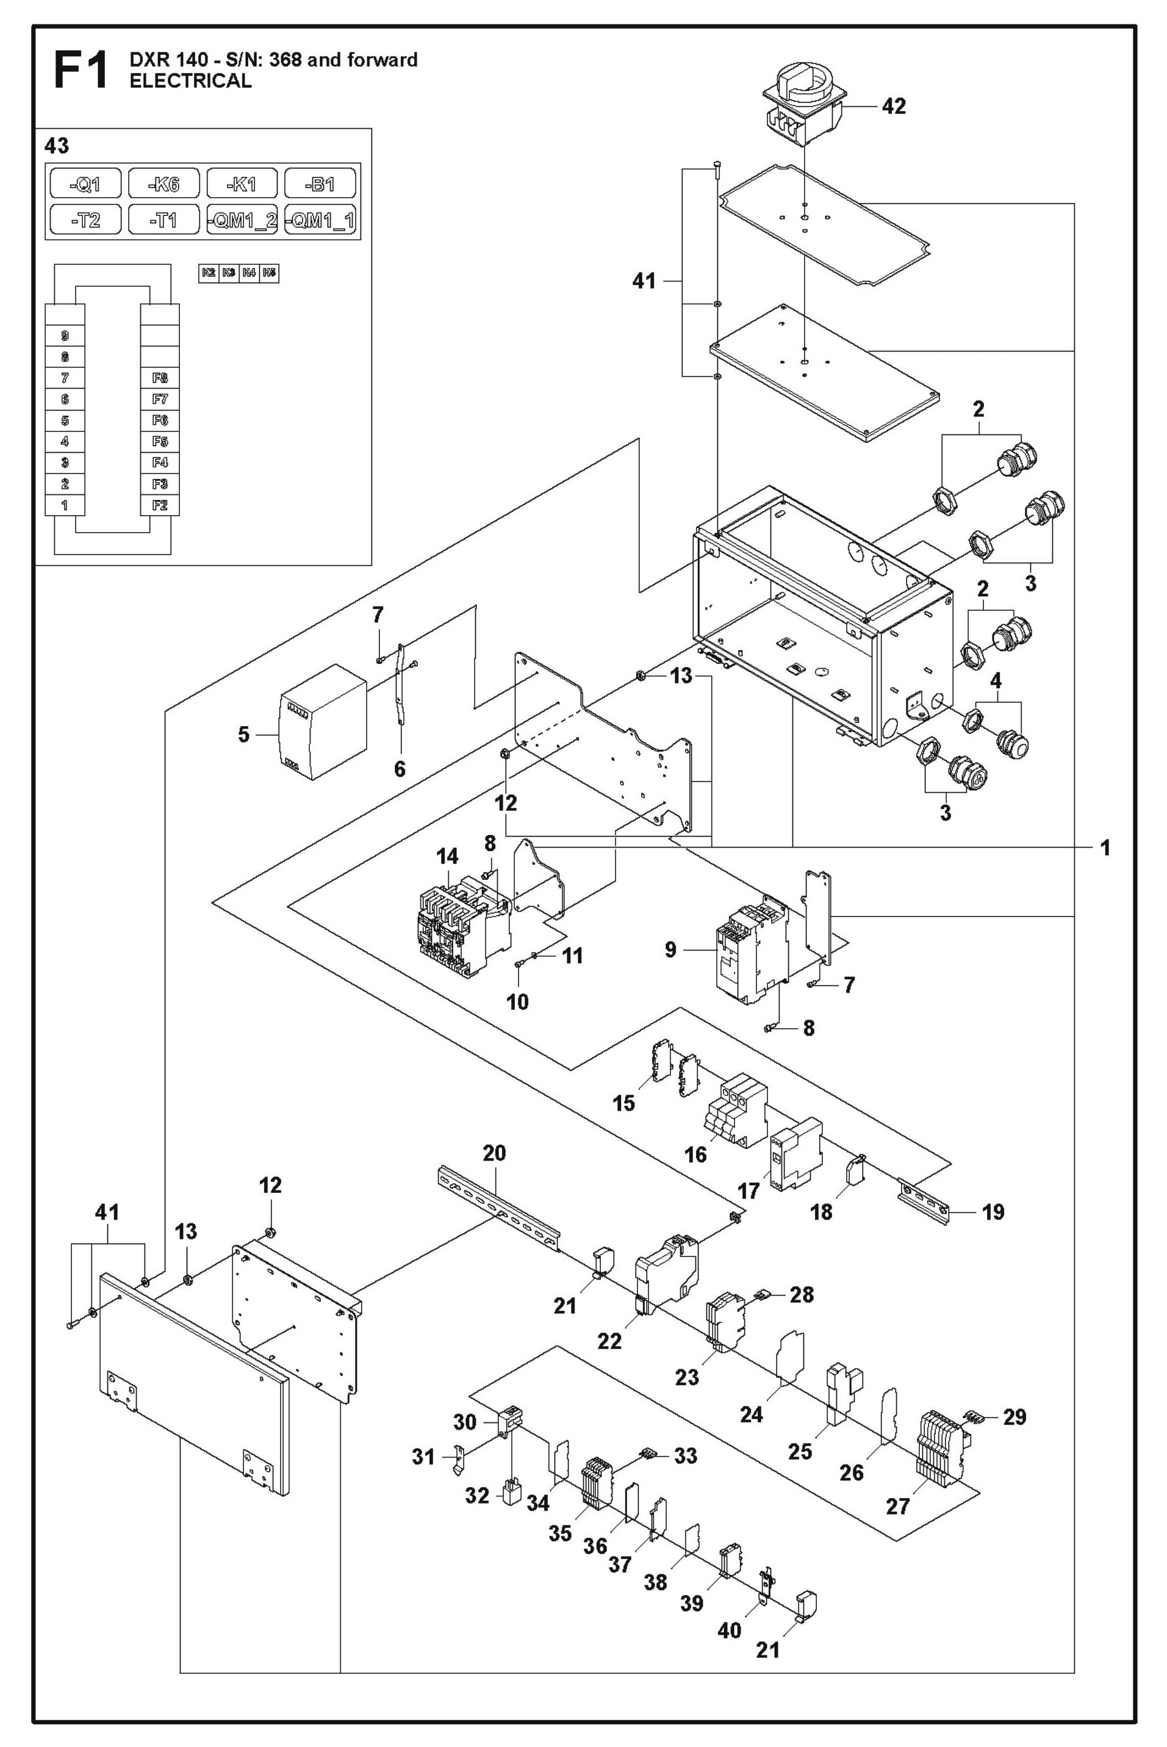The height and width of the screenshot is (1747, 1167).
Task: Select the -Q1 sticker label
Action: tap(85, 183)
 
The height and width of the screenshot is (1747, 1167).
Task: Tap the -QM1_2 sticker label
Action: tap(242, 220)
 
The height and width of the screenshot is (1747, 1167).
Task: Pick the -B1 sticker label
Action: tap(320, 183)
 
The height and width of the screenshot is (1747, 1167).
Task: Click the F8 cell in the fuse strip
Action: tap(160, 378)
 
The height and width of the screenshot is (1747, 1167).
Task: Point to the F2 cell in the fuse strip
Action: tap(160, 505)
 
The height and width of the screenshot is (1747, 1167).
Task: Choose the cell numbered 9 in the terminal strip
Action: tap(65, 336)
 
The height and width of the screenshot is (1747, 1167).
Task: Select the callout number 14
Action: tap(447, 856)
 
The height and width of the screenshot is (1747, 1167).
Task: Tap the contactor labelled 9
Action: tap(752, 953)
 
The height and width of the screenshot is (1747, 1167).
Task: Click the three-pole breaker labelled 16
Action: tap(735, 1111)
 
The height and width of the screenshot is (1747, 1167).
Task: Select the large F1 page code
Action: tap(81, 70)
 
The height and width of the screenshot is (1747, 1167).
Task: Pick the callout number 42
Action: tap(894, 106)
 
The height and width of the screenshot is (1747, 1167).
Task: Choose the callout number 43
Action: tap(57, 146)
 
